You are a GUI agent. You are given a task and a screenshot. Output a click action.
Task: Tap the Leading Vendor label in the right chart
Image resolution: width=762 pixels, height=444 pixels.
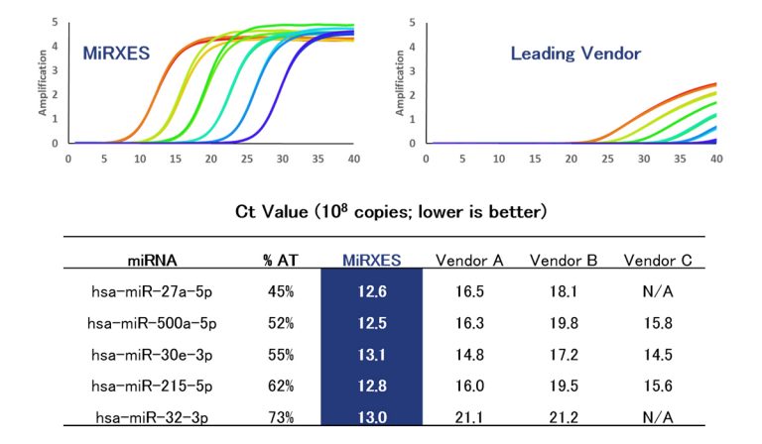pos(575,53)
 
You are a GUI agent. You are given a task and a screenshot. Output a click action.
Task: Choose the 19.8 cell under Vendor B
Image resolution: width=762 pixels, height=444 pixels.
pos(564,323)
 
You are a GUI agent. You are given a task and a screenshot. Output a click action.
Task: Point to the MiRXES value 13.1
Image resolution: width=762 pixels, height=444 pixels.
pos(371,355)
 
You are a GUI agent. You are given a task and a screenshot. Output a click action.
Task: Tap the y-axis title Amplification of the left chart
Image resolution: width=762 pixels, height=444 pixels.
pos(43,84)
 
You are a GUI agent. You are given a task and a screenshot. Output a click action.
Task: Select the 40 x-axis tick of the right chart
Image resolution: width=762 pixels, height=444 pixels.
pos(715,158)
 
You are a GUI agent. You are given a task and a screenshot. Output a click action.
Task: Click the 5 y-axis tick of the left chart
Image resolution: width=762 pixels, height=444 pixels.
pos(55,21)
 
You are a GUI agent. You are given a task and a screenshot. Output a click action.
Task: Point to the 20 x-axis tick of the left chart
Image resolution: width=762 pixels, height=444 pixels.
pos(211,158)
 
